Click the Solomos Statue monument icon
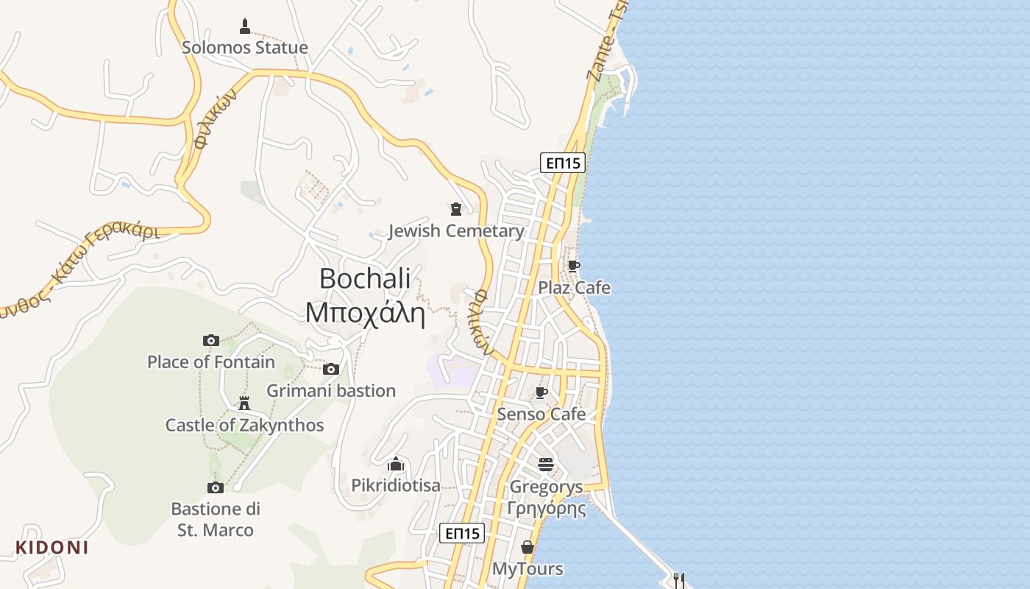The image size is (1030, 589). (x=245, y=27)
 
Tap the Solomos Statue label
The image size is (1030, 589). (x=245, y=48)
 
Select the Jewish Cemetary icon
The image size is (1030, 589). (x=456, y=210)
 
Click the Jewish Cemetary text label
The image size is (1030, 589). (x=456, y=231)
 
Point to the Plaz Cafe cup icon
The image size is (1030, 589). (x=574, y=267)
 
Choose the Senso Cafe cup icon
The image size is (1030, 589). (x=541, y=393)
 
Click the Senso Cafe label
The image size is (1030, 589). (x=541, y=414)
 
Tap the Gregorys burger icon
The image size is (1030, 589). (x=546, y=465)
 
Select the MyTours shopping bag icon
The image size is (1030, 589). (x=528, y=547)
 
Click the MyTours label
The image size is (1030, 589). (x=528, y=569)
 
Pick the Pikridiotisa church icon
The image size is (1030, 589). (x=396, y=464)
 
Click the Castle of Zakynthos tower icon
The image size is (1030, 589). (x=244, y=403)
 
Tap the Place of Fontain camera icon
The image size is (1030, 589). (x=211, y=340)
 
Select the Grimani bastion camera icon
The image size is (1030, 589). (x=331, y=369)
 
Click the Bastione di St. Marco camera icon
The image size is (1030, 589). (x=216, y=487)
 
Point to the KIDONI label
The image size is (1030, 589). (x=52, y=548)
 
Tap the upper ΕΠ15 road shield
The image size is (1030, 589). (x=563, y=163)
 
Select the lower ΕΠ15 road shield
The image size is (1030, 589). (x=462, y=533)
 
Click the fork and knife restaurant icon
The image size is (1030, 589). (x=679, y=580)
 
